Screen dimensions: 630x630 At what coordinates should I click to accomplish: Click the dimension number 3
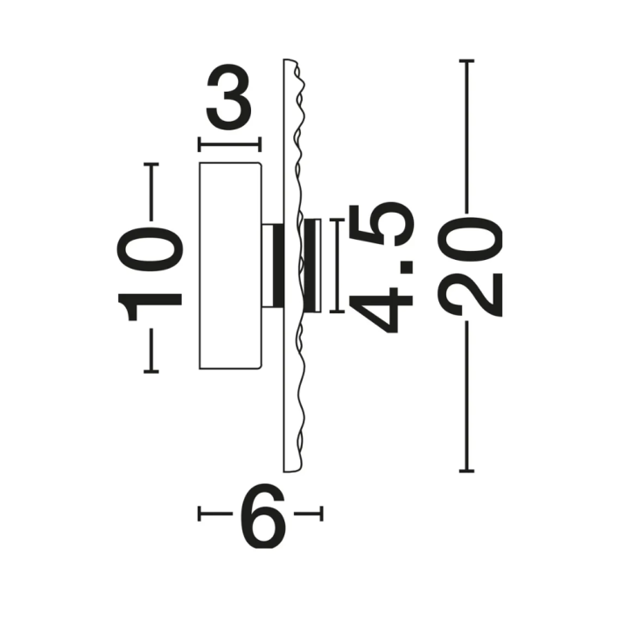point(228,97)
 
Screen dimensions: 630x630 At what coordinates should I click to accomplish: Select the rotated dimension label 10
point(150,274)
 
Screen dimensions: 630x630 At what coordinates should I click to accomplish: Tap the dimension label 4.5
point(381,269)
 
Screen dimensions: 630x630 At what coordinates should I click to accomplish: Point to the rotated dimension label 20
point(470,266)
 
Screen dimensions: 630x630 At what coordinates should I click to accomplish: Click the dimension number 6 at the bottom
point(262,515)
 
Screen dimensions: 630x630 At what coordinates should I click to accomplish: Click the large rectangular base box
point(231,266)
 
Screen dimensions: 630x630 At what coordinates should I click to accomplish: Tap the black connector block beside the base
point(277,266)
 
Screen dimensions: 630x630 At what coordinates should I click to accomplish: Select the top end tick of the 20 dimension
point(467,61)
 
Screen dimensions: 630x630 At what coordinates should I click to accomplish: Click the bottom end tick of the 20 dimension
point(467,471)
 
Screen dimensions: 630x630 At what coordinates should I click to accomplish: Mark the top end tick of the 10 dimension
point(151,164)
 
